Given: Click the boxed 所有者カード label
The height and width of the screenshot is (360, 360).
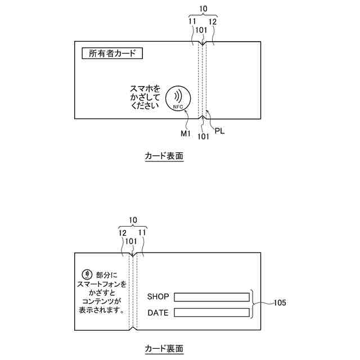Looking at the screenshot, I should pyautogui.click(x=112, y=54).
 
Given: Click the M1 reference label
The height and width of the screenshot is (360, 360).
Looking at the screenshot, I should pyautogui.click(x=186, y=133).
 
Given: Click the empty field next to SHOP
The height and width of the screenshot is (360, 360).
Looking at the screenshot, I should pyautogui.click(x=211, y=296).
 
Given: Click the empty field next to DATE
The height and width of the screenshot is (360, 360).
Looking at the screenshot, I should pyautogui.click(x=211, y=312).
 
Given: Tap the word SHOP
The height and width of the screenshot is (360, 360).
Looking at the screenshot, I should pyautogui.click(x=158, y=296).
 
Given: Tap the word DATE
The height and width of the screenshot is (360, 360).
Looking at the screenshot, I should pyautogui.click(x=157, y=313).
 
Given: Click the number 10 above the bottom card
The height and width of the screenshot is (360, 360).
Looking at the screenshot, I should pyautogui.click(x=133, y=220).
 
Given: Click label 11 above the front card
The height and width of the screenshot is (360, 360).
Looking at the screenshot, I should pyautogui.click(x=192, y=21).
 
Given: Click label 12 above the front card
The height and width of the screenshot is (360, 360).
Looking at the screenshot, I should pyautogui.click(x=213, y=22).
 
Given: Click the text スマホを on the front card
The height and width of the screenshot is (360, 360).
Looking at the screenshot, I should pyautogui.click(x=145, y=89).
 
